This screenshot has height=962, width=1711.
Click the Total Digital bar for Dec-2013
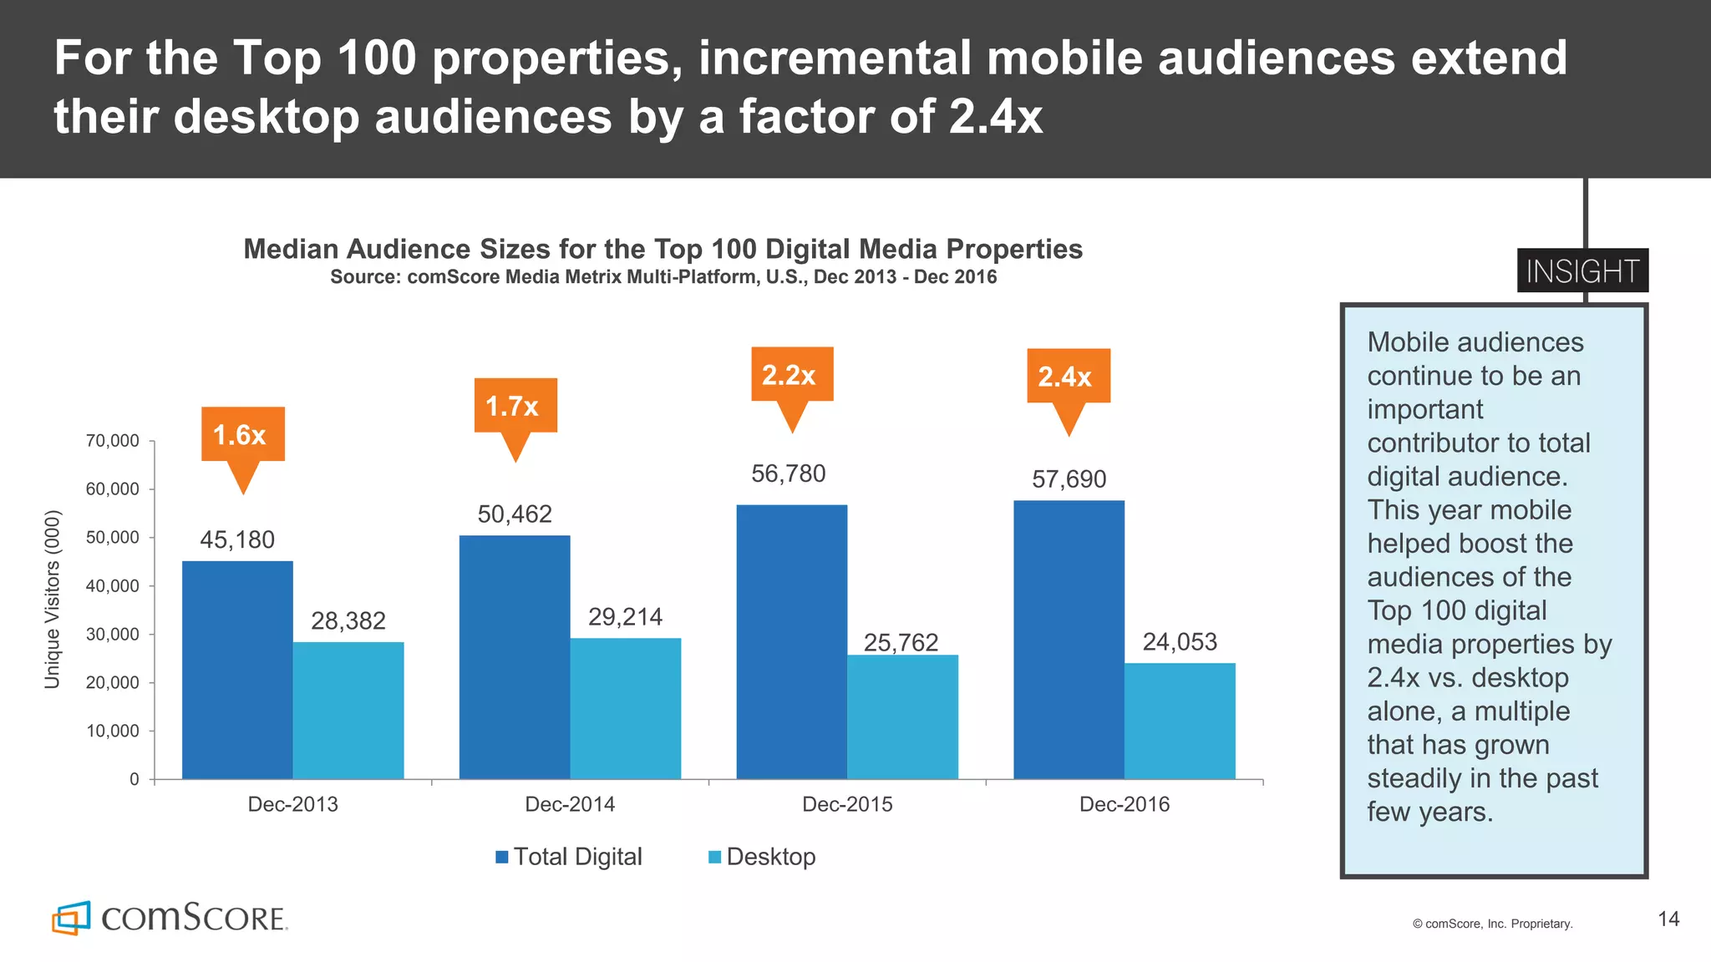[x=237, y=670]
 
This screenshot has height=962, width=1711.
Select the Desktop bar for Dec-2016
[x=1180, y=721]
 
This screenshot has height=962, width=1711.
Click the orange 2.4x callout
[x=1068, y=377]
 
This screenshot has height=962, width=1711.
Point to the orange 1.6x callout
[x=242, y=435]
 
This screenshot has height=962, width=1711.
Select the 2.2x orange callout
[x=791, y=375]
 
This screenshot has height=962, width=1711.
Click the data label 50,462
[x=515, y=514]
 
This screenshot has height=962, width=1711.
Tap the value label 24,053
[x=1180, y=641]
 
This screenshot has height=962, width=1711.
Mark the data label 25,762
[x=901, y=642]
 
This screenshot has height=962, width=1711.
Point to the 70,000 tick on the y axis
[x=113, y=441]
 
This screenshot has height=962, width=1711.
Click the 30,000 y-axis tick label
[x=113, y=635]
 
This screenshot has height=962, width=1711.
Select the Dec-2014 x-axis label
[x=570, y=804]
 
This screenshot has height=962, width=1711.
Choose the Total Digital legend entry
[x=569, y=857]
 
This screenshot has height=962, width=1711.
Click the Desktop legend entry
[x=761, y=857]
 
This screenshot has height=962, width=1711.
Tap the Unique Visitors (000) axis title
[x=52, y=600]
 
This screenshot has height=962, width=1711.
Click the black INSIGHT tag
[x=1582, y=271]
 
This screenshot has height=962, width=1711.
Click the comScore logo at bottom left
[x=170, y=918]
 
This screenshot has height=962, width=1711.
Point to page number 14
[x=1668, y=919]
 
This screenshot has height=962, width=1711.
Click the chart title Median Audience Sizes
[x=663, y=249]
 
